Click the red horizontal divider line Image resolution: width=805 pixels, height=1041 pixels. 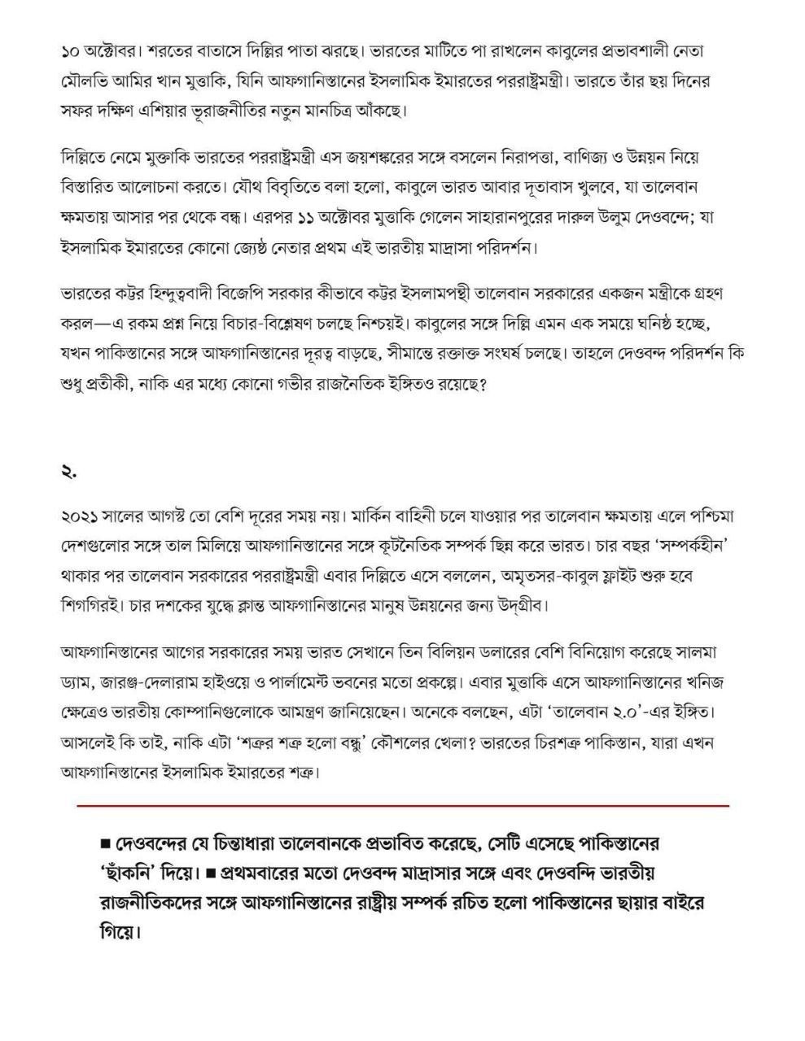(403, 805)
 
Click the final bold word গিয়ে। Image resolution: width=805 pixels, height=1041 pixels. (119, 930)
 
